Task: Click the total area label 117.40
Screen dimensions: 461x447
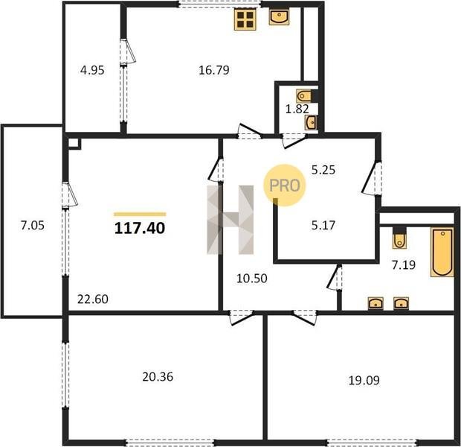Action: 140,228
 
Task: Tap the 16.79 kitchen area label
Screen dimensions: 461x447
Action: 214,70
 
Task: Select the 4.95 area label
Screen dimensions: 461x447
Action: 92,71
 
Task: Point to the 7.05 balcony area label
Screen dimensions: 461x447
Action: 32,226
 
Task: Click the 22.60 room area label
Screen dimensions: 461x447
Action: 93,299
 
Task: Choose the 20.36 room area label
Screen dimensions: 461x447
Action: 158,377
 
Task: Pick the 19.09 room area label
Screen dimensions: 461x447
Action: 364,381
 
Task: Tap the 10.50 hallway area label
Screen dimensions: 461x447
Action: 251,279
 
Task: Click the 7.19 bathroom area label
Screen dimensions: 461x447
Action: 404,265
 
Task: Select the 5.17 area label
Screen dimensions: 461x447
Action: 323,226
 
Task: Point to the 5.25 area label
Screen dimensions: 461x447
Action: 323,170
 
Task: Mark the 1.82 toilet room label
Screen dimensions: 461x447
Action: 297,109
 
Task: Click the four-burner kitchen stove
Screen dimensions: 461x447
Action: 245,19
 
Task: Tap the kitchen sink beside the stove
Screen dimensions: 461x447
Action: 279,17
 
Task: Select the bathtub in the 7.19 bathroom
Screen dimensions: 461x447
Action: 442,252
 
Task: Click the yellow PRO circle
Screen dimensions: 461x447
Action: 284,185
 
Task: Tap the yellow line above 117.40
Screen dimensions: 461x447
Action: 140,215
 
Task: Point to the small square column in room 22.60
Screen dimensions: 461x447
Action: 74,144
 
